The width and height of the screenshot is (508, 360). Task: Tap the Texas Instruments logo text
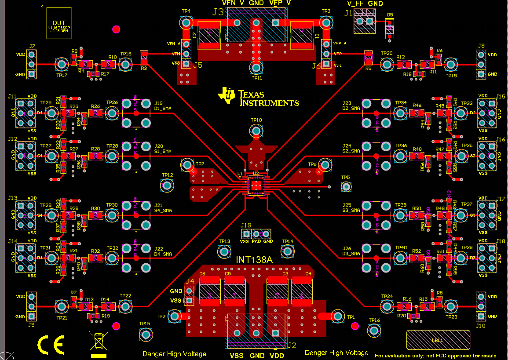pos(259,98)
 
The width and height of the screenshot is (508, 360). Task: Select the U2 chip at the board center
pos(256,186)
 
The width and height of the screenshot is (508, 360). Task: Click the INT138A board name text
pos(254,260)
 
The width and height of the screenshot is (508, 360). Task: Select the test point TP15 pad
pos(145,335)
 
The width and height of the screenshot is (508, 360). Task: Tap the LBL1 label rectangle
pos(438,340)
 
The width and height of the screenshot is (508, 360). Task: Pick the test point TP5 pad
pos(346,187)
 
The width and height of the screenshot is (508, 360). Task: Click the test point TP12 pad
pos(168,185)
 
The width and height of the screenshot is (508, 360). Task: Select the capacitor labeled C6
pos(210,291)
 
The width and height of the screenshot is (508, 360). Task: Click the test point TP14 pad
pos(287,251)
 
